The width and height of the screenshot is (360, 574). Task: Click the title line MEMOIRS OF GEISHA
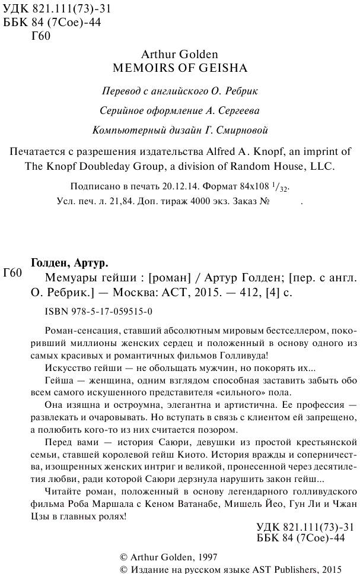(180, 68)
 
